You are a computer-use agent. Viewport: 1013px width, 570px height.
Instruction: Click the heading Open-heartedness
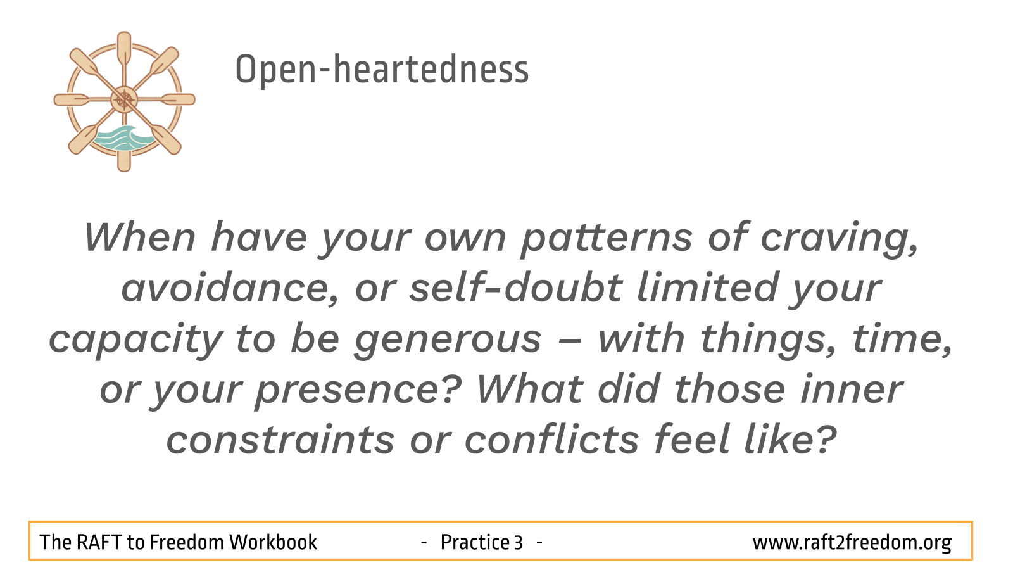(x=382, y=70)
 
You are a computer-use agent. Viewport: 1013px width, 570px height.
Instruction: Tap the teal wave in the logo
(x=123, y=139)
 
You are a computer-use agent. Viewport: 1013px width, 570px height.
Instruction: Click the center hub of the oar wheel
(x=124, y=99)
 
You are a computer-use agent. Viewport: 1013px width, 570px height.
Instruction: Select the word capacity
(x=135, y=340)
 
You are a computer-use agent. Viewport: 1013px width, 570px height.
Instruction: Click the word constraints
(x=280, y=440)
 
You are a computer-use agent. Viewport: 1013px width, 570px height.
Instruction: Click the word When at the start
(x=139, y=237)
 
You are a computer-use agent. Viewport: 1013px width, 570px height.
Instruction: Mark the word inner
(x=852, y=390)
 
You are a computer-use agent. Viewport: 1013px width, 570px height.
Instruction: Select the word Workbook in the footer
(x=273, y=542)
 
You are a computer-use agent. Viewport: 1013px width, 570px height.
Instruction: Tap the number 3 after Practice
(x=519, y=543)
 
